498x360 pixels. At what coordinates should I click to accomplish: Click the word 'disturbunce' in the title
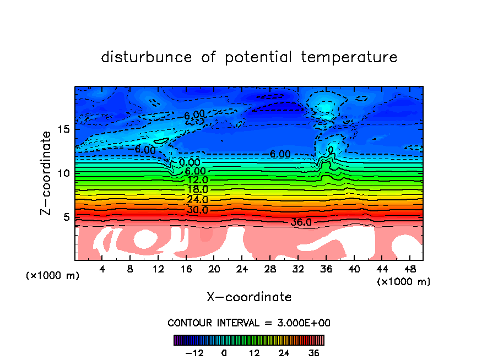pyautogui.click(x=147, y=57)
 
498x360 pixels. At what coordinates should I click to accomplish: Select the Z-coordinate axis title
pyautogui.click(x=46, y=173)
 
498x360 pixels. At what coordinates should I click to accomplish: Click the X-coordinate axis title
pyautogui.click(x=249, y=297)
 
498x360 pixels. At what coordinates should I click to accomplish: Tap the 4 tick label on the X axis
pyautogui.click(x=102, y=269)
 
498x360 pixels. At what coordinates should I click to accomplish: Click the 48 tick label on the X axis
pyautogui.click(x=409, y=269)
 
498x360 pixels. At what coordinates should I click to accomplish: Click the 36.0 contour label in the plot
pyautogui.click(x=301, y=222)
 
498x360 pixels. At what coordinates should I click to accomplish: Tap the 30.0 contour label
pyautogui.click(x=197, y=210)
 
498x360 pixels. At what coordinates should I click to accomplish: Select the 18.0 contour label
pyautogui.click(x=197, y=189)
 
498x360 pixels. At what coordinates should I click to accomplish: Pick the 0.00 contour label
pyautogui.click(x=189, y=162)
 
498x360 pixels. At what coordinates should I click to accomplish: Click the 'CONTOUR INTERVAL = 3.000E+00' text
pyautogui.click(x=249, y=323)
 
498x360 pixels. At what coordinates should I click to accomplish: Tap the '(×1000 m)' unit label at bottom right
pyautogui.click(x=404, y=282)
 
